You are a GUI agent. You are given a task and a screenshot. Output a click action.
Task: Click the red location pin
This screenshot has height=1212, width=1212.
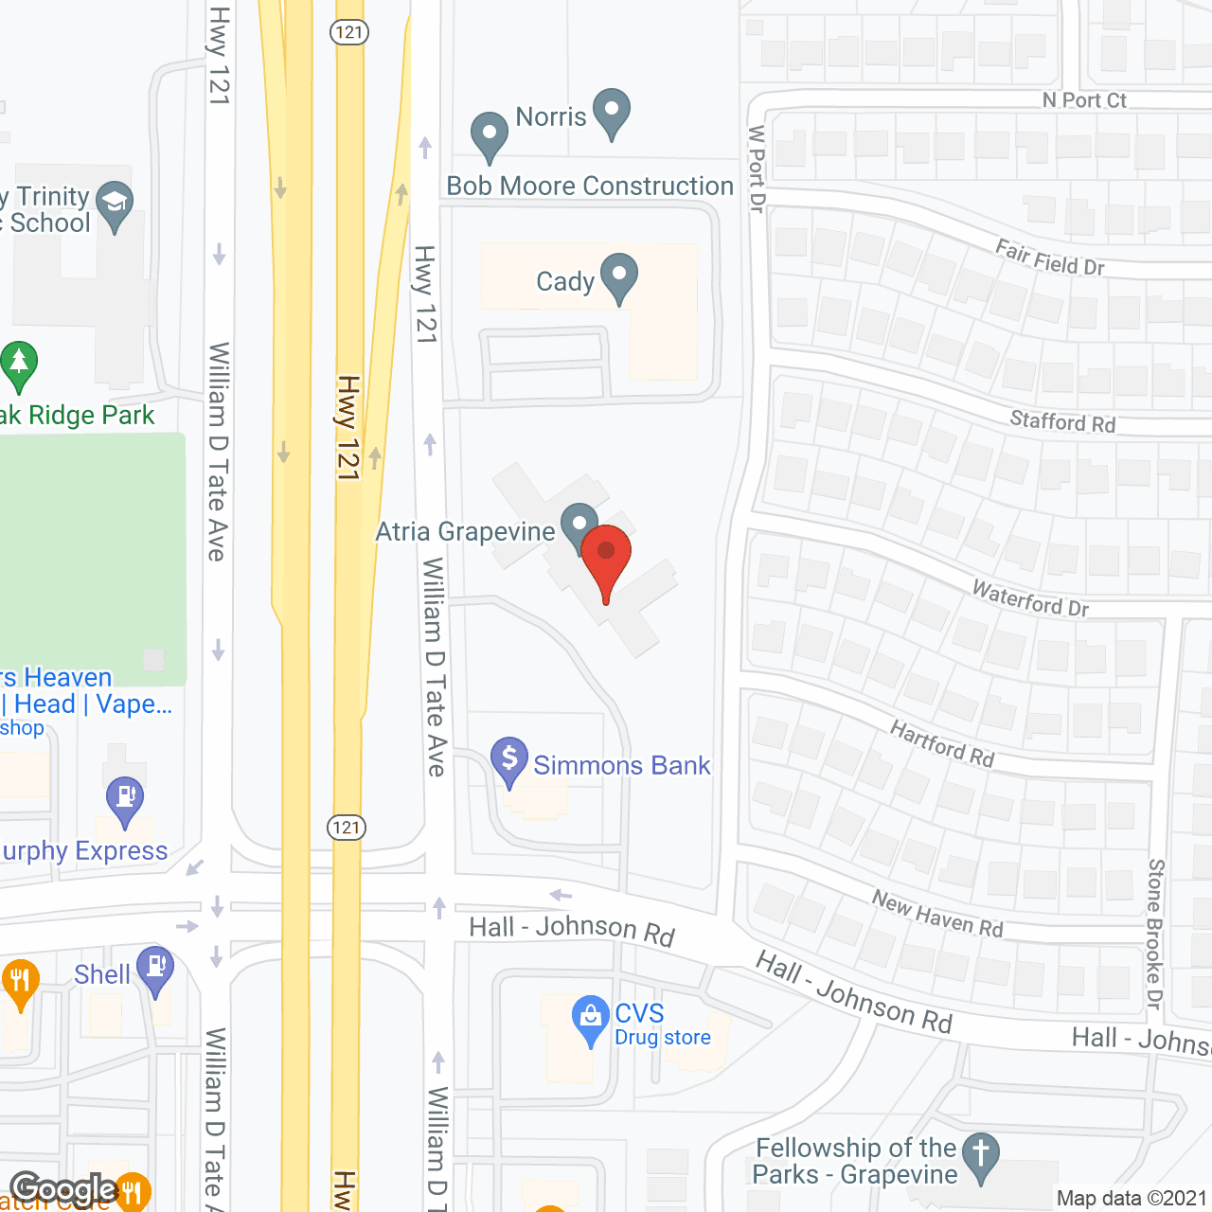tap(606, 559)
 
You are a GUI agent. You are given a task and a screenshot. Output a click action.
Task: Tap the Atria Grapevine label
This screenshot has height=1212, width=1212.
tap(465, 532)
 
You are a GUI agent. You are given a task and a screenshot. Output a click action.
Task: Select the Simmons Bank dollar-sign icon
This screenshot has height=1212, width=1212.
tap(509, 759)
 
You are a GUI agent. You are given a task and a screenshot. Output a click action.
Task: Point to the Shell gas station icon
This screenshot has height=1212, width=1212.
tap(155, 969)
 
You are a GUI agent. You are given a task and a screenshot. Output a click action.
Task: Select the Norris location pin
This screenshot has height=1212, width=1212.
tap(612, 111)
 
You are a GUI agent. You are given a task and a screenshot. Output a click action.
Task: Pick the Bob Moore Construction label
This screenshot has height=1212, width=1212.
tap(590, 186)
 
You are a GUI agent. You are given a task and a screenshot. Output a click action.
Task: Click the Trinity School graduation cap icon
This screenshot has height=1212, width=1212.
tap(115, 204)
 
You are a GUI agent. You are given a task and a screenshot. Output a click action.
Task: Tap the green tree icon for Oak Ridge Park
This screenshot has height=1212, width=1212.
tap(19, 364)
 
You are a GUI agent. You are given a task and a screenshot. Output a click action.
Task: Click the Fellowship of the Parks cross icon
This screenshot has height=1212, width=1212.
tap(981, 1155)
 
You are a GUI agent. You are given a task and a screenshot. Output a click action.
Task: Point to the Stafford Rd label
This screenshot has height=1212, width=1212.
tap(1062, 421)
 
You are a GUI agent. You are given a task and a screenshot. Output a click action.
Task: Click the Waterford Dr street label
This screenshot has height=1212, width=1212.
tap(1030, 598)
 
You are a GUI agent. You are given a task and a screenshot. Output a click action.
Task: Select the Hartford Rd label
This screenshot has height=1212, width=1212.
tap(942, 743)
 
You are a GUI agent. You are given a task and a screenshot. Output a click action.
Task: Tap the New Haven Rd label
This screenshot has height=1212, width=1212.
tap(936, 914)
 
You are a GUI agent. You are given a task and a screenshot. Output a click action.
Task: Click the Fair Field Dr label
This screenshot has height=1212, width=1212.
tap(1050, 258)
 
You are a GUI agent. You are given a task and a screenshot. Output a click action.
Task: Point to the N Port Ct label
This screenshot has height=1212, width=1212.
tap(1084, 100)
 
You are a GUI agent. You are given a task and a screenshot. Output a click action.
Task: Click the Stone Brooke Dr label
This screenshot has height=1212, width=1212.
tap(1155, 934)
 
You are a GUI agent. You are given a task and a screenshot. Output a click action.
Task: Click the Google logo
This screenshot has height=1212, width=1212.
tap(63, 1189)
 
